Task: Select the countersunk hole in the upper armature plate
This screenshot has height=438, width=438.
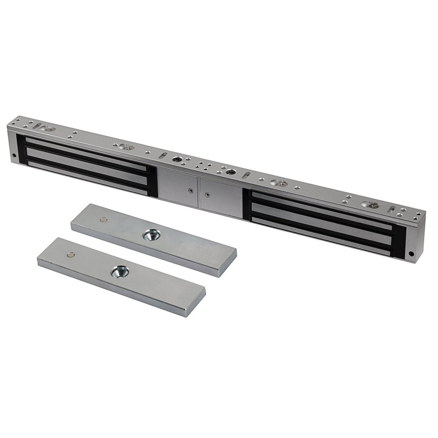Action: click(151, 234)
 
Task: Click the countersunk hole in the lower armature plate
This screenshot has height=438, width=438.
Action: click(120, 271)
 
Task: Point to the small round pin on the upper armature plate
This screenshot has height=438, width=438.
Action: click(103, 220)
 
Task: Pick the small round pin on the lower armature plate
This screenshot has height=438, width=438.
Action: click(71, 255)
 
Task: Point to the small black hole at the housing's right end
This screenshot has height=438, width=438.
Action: click(411, 253)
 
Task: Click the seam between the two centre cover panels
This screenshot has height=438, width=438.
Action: click(199, 193)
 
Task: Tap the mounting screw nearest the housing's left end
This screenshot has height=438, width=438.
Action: click(51, 129)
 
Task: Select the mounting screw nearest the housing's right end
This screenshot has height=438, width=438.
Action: click(373, 206)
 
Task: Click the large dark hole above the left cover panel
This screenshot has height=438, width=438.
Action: click(177, 159)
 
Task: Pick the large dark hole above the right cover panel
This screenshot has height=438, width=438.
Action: click(231, 172)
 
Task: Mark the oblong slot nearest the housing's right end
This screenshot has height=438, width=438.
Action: click(391, 209)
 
